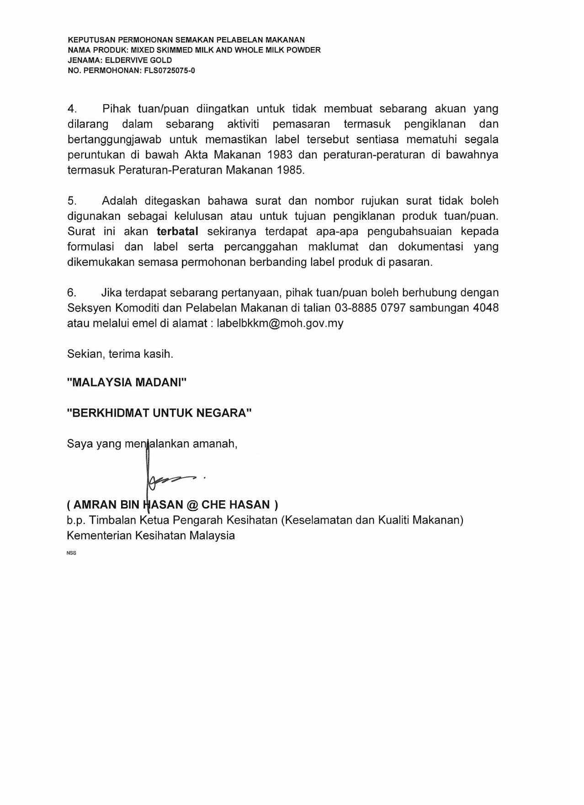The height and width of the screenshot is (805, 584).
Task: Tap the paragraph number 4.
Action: pos(72,109)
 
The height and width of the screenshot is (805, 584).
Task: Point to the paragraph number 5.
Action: pos(72,201)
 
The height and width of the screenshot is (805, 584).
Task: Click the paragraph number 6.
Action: pos(72,292)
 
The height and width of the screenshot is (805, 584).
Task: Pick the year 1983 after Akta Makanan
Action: pos(280,154)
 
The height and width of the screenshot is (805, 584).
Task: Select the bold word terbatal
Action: pos(177,231)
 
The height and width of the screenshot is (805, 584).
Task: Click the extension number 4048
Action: pos(486,307)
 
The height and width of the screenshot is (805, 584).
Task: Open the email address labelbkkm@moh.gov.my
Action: pos(280,323)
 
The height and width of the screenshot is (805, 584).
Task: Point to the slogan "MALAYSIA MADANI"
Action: pos(127,382)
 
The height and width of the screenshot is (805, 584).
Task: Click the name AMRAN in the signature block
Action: pos(95,505)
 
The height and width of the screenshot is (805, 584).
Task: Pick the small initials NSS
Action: pos(71,553)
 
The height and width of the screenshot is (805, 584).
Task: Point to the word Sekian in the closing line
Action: pos(86,354)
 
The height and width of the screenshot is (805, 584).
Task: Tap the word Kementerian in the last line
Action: pos(100,535)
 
